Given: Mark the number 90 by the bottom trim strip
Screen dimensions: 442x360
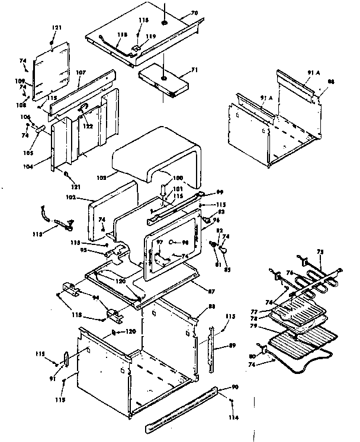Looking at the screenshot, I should coord(235,386).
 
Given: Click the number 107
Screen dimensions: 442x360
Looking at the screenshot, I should coord(81,73).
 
